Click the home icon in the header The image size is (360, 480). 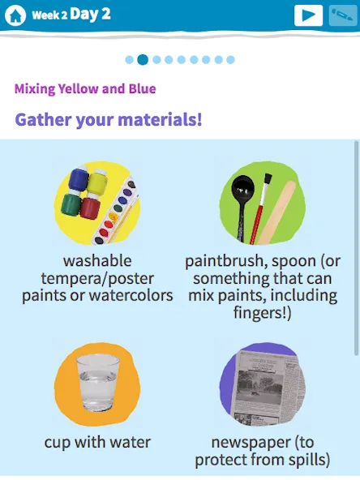[15, 15]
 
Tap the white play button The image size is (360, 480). [308, 15]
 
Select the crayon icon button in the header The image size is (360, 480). [342, 15]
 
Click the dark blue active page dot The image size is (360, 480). [143, 59]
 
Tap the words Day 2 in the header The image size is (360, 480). [90, 14]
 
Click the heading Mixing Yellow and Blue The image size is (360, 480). [85, 88]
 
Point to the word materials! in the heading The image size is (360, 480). [160, 119]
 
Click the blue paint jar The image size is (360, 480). [79, 178]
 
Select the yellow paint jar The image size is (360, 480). [97, 182]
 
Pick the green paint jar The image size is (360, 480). [71, 204]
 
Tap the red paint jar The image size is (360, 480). [90, 208]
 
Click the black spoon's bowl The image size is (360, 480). [243, 187]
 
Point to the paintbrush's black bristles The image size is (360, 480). [268, 180]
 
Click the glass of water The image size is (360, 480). [98, 383]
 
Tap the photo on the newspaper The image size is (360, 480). [260, 386]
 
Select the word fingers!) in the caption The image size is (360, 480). [263, 313]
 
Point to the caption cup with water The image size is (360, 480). [97, 443]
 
